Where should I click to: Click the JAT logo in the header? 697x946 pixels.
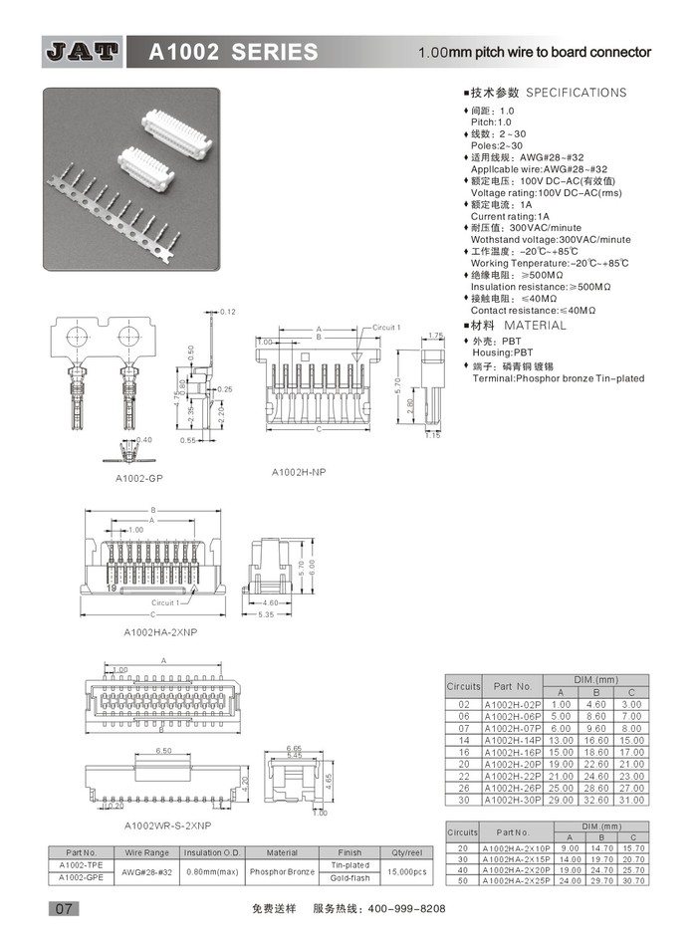point(83,52)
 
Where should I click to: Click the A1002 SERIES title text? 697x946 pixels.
point(234,53)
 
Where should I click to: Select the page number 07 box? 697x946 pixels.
point(62,908)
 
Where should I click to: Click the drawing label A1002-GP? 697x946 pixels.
point(138,478)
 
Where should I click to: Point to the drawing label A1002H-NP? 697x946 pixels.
point(299,471)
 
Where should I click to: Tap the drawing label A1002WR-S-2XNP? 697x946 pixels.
point(168,826)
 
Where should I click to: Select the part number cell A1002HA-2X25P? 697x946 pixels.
point(514,880)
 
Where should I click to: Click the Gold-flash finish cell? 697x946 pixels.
point(349,877)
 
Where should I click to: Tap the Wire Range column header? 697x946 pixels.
point(147,852)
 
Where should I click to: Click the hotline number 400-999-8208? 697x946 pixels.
point(407,909)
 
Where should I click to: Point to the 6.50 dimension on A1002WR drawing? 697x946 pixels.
point(164,751)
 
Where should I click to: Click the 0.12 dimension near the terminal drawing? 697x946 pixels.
point(228,313)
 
